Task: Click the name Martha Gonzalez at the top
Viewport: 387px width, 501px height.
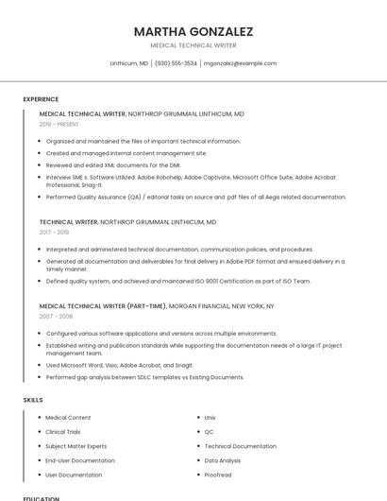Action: (x=193, y=31)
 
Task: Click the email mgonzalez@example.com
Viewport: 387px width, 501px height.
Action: (x=240, y=63)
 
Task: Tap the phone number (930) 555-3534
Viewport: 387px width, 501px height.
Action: (x=176, y=63)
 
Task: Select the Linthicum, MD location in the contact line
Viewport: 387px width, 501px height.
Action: (x=129, y=63)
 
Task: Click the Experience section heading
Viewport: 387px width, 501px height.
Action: (x=41, y=99)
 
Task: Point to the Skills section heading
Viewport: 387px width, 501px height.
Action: (x=33, y=400)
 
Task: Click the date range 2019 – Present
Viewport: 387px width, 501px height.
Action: (x=59, y=124)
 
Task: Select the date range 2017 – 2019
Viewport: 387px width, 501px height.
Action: (x=54, y=232)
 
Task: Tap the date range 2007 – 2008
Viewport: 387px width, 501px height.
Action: (x=54, y=317)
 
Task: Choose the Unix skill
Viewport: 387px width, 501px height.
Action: (x=210, y=417)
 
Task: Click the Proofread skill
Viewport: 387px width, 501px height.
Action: (x=217, y=475)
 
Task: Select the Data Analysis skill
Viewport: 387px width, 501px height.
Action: (x=222, y=460)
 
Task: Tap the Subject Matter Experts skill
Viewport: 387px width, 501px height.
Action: (x=76, y=446)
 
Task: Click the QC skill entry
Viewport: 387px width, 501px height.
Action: (x=209, y=431)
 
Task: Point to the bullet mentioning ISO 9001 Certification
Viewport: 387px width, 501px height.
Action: (x=177, y=281)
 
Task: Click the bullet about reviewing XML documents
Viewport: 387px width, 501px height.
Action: (x=112, y=164)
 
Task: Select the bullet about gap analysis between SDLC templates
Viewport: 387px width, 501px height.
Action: (x=144, y=377)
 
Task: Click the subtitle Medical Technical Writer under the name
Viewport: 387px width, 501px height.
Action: (x=193, y=45)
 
